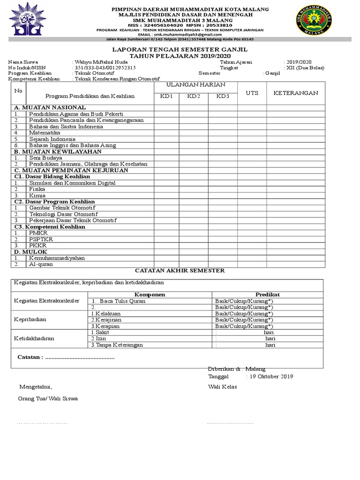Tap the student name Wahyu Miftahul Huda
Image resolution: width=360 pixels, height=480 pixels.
coord(97,62)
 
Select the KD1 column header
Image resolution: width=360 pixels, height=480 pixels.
coord(167,96)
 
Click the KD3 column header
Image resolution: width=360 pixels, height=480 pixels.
coord(223,96)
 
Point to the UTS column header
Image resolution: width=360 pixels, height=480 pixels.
coord(252,93)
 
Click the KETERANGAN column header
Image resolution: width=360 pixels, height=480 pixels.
coord(296,93)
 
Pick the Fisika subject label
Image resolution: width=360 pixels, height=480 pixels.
coord(37,189)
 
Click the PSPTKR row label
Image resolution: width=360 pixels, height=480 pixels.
coord(40,239)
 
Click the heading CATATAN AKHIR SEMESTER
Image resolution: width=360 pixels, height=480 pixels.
coord(180,271)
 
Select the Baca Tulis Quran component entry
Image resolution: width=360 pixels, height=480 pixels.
coord(121,301)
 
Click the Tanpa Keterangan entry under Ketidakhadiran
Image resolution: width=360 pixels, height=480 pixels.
coord(117,345)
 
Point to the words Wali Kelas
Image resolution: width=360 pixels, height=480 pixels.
coord(223,387)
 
